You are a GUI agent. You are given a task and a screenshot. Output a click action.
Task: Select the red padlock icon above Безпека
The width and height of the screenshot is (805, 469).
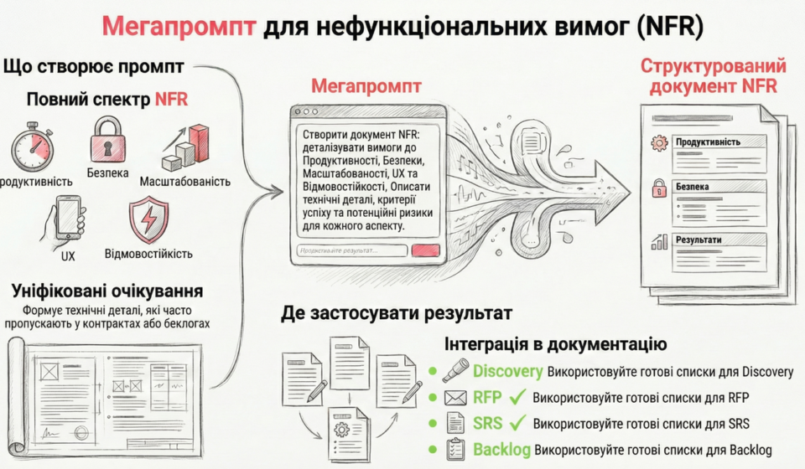(x=108, y=139)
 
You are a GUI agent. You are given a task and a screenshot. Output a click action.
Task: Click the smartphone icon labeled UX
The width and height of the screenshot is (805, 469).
(x=68, y=217)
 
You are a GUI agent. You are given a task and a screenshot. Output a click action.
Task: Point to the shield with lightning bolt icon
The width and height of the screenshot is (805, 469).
(x=148, y=219)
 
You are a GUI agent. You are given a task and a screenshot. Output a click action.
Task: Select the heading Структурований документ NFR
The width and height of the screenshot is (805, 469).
(x=713, y=76)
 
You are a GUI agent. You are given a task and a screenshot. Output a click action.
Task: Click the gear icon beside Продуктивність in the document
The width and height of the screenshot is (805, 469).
(x=660, y=142)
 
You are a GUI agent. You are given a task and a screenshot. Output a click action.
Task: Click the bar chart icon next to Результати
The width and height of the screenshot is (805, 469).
(x=659, y=241)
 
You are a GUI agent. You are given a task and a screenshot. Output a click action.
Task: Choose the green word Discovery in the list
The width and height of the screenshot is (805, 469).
(x=508, y=371)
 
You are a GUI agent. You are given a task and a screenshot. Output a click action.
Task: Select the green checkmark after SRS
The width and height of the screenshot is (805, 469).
(x=517, y=423)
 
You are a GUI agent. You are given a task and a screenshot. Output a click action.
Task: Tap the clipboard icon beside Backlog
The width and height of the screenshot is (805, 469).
(x=455, y=449)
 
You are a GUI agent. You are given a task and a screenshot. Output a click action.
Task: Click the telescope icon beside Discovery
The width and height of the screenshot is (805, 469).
(x=455, y=371)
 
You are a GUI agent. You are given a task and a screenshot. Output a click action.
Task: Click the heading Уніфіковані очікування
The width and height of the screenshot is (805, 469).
(x=106, y=291)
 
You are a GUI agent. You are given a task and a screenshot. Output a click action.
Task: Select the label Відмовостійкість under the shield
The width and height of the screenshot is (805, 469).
(x=148, y=253)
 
